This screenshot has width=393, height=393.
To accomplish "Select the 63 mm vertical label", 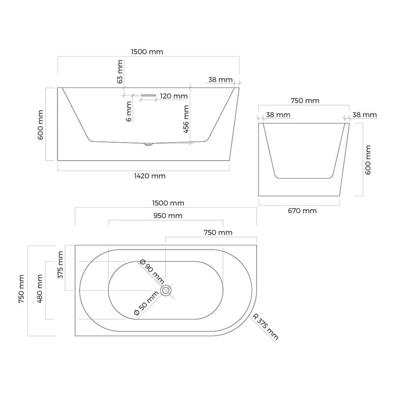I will coord(120,71).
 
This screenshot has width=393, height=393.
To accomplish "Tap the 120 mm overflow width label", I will coord(173,96).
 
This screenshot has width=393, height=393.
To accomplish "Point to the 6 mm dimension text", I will coord(128,111).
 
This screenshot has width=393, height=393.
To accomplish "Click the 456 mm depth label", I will coord(186,118).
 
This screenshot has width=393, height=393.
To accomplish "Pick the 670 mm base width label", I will coord(303,211).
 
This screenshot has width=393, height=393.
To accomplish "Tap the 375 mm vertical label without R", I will coord(60,264).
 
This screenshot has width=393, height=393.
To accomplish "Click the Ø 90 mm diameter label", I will coord(151,272).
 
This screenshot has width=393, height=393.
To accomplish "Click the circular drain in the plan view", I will coord(167,291).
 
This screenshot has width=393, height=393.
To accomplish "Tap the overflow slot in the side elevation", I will coord(148,95).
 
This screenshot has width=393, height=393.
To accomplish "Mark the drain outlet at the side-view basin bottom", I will coord(147,144).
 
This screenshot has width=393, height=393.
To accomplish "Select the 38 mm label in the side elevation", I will coord(220,80).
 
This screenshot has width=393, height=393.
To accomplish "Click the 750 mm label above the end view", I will coord(305,101).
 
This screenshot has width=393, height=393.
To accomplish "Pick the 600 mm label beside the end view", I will coord(369,160).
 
